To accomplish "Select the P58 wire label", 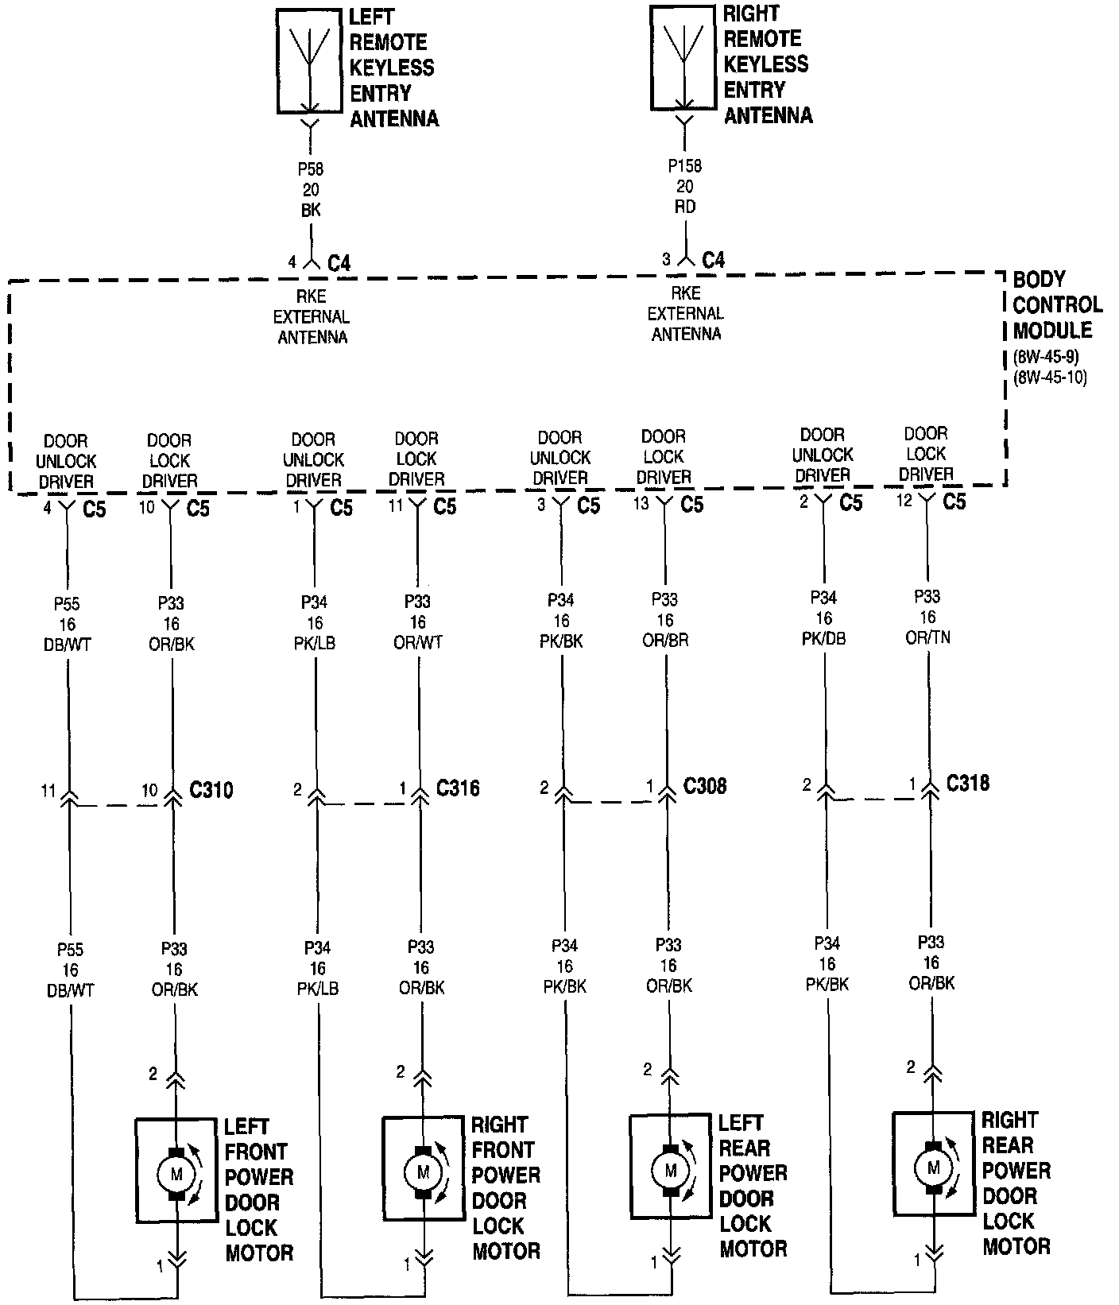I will (x=311, y=169).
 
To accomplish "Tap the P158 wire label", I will (x=684, y=167).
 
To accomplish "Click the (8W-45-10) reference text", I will (x=1050, y=378).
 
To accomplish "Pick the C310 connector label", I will (x=211, y=790).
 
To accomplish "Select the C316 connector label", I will (x=458, y=788).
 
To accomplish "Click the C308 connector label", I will (x=705, y=787).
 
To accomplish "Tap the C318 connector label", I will (x=968, y=784).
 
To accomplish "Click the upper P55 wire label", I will (x=68, y=603).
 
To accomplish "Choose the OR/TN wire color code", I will (x=928, y=638).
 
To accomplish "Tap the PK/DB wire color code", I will (x=824, y=639).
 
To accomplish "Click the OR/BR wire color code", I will (x=665, y=641).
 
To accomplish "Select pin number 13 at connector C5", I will (x=641, y=505).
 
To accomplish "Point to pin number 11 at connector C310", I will (x=48, y=792).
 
